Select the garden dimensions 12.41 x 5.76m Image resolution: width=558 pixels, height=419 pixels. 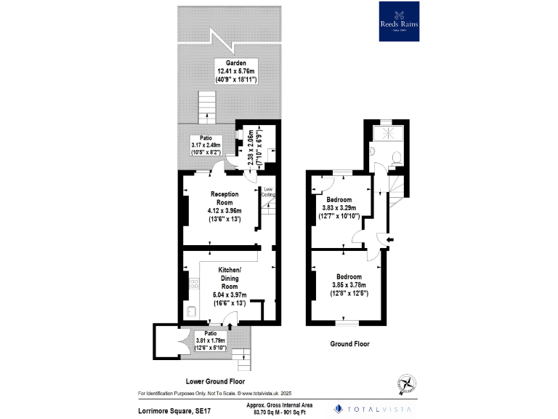232,71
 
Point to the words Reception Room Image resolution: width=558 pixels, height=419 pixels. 225,198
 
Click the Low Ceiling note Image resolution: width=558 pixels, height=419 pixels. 268,192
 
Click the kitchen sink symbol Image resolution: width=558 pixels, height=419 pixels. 190,312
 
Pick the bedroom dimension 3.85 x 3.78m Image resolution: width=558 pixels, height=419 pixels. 349,284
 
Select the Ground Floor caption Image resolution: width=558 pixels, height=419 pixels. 350,344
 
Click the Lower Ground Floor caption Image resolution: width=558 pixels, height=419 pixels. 214,380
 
